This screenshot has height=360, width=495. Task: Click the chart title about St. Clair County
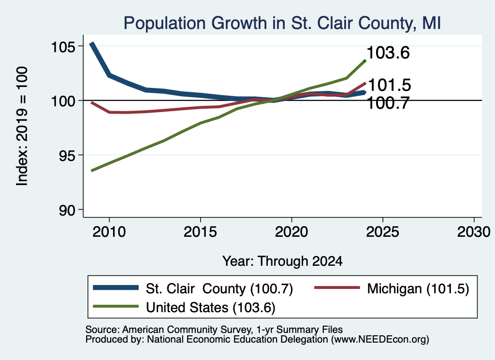(282, 23)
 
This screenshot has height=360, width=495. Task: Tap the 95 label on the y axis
(67, 156)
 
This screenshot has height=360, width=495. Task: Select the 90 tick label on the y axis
(67, 211)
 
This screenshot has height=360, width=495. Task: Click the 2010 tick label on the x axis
(109, 232)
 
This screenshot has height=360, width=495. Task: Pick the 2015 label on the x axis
(200, 232)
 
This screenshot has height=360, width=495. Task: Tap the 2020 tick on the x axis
(291, 232)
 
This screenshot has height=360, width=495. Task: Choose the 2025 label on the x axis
(383, 232)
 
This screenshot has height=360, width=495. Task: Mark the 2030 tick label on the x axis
(474, 232)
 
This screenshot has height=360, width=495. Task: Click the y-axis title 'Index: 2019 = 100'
(22, 126)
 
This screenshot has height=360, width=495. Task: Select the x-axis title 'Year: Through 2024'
(282, 261)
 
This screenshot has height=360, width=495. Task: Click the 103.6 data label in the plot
(388, 53)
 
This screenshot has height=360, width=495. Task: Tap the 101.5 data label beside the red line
(390, 85)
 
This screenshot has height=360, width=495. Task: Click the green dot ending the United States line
(364, 61)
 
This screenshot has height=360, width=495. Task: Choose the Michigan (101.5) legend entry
(392, 288)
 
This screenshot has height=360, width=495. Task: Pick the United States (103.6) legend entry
(184, 307)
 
